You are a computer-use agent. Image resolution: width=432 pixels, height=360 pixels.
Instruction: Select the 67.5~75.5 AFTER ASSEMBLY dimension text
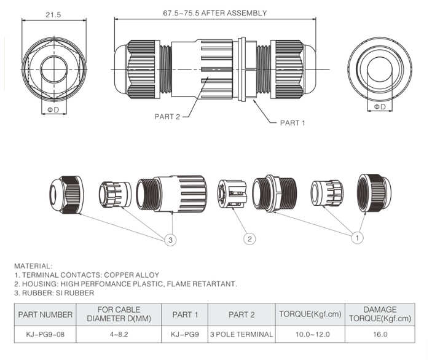pyautogui.click(x=214, y=13)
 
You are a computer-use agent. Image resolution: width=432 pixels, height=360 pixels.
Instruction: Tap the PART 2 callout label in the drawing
pyautogui.click(x=167, y=117)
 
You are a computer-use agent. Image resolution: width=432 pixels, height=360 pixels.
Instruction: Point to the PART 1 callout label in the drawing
pyautogui.click(x=293, y=123)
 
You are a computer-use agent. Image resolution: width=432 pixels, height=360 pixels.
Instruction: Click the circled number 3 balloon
pyautogui.click(x=171, y=240)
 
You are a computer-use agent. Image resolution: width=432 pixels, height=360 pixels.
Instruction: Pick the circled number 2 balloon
pyautogui.click(x=249, y=239)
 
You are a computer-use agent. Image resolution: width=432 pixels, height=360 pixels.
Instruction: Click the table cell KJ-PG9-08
pyautogui.click(x=45, y=334)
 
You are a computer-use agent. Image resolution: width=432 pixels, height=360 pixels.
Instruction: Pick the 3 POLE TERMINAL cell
pyautogui.click(x=241, y=334)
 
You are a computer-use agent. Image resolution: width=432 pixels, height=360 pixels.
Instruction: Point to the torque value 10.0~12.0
pyautogui.click(x=309, y=334)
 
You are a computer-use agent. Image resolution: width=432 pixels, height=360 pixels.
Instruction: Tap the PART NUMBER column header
pyautogui.click(x=45, y=314)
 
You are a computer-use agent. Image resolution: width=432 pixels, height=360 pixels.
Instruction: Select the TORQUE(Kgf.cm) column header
pyautogui.click(x=309, y=314)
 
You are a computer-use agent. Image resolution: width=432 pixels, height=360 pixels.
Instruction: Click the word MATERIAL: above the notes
pyautogui.click(x=33, y=265)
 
